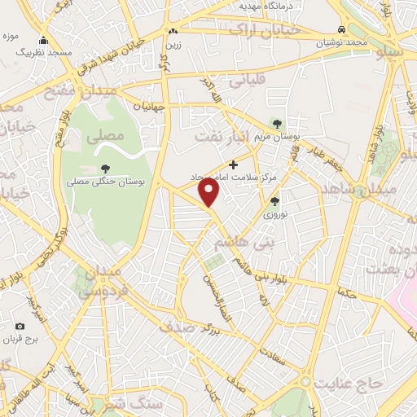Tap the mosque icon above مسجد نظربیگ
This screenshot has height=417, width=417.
[x=43, y=41]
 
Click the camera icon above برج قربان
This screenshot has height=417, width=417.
[x=20, y=326]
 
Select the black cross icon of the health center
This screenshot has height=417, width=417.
[x=234, y=165]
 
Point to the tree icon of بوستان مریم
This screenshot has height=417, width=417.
[x=279, y=124]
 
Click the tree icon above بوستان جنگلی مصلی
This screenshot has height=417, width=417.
[x=106, y=168]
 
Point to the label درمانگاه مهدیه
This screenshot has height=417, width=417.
[x=266, y=5]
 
